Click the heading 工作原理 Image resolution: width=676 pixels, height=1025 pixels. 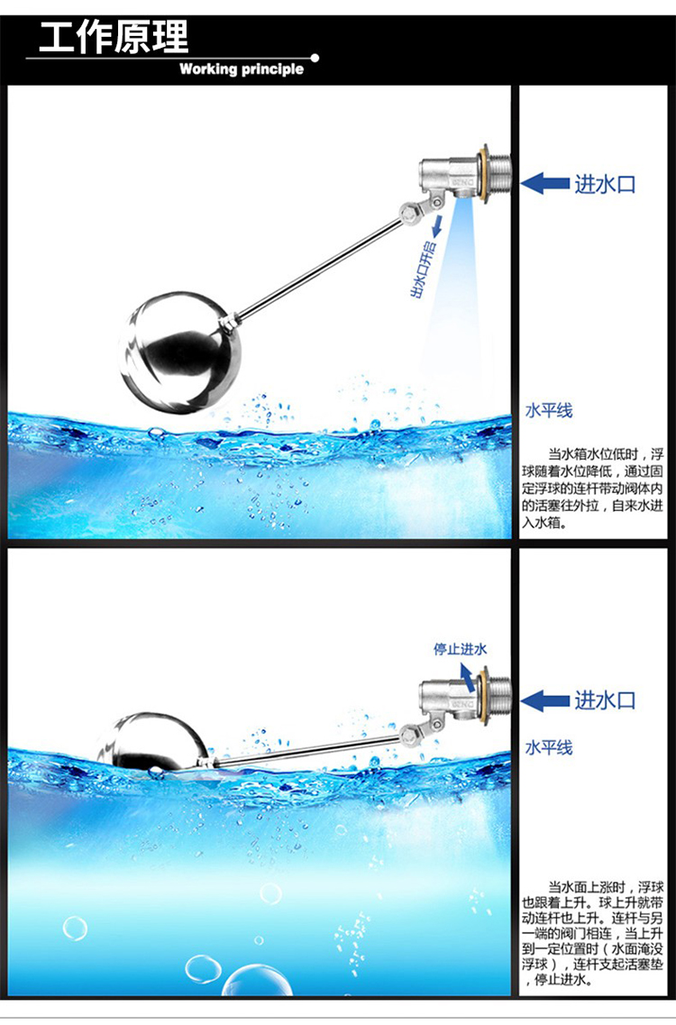coord(114,37)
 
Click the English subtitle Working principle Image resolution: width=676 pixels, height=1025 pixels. coord(242,69)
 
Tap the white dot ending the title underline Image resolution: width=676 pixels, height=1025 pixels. coord(315,59)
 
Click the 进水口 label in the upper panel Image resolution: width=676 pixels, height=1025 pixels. coord(605,184)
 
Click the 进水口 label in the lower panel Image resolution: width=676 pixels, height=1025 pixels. coord(605,700)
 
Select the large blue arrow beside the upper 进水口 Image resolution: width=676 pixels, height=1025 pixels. coord(544,184)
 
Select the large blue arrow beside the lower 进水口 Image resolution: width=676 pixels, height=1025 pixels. coord(544,700)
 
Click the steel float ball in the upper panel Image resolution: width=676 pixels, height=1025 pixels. coord(179,353)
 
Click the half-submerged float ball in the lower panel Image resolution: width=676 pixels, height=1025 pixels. coord(154,742)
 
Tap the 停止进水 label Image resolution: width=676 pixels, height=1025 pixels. coord(461,649)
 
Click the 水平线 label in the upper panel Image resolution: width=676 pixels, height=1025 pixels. coord(549,410)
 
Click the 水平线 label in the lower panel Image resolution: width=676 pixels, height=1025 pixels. coord(549,747)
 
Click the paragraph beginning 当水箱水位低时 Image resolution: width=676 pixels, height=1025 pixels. coord(593,489)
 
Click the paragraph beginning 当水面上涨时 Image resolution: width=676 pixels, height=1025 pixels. coord(593,933)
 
